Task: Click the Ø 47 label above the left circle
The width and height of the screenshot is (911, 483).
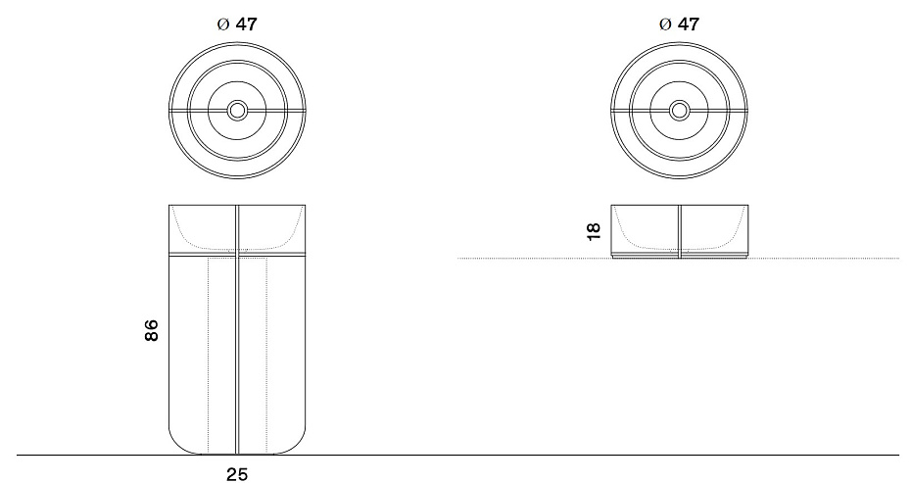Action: point(236,24)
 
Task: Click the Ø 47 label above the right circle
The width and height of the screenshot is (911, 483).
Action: point(679,24)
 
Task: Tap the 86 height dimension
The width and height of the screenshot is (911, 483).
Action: point(151,330)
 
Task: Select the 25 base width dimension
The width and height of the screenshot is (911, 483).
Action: point(236,474)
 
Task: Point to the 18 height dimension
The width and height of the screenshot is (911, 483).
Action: point(594,231)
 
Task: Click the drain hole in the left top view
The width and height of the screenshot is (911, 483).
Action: point(237,111)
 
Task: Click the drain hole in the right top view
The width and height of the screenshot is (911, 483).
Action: point(679,111)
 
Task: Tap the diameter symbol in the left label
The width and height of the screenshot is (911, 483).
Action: point(223,24)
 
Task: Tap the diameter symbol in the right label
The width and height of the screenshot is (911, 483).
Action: point(666,24)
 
